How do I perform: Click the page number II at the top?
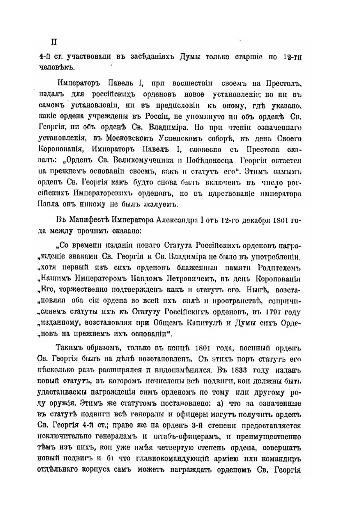[x=54, y=42]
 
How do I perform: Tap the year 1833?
[x=240, y=370]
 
